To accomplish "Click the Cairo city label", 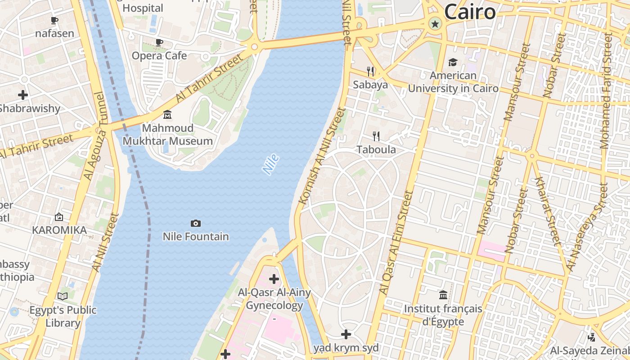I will click(x=470, y=12).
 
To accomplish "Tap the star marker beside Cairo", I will click(x=435, y=24).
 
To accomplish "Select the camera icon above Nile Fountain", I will click(x=195, y=223).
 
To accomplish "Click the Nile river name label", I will click(x=270, y=164).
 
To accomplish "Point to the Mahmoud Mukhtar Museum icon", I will click(x=167, y=115).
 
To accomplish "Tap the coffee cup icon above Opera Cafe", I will click(x=159, y=42).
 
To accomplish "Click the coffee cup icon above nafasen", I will click(x=54, y=20).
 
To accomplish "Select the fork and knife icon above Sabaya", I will click(x=370, y=71).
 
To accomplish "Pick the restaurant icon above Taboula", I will click(x=376, y=136).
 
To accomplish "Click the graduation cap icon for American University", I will click(x=453, y=62).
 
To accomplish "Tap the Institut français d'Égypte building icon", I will click(x=443, y=295).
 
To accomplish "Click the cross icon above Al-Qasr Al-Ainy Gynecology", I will click(x=274, y=279).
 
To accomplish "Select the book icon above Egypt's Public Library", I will click(x=63, y=296).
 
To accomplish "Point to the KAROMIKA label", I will click(x=59, y=230).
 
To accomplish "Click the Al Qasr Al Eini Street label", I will click(x=396, y=243).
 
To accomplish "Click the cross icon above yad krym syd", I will click(x=346, y=334).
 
